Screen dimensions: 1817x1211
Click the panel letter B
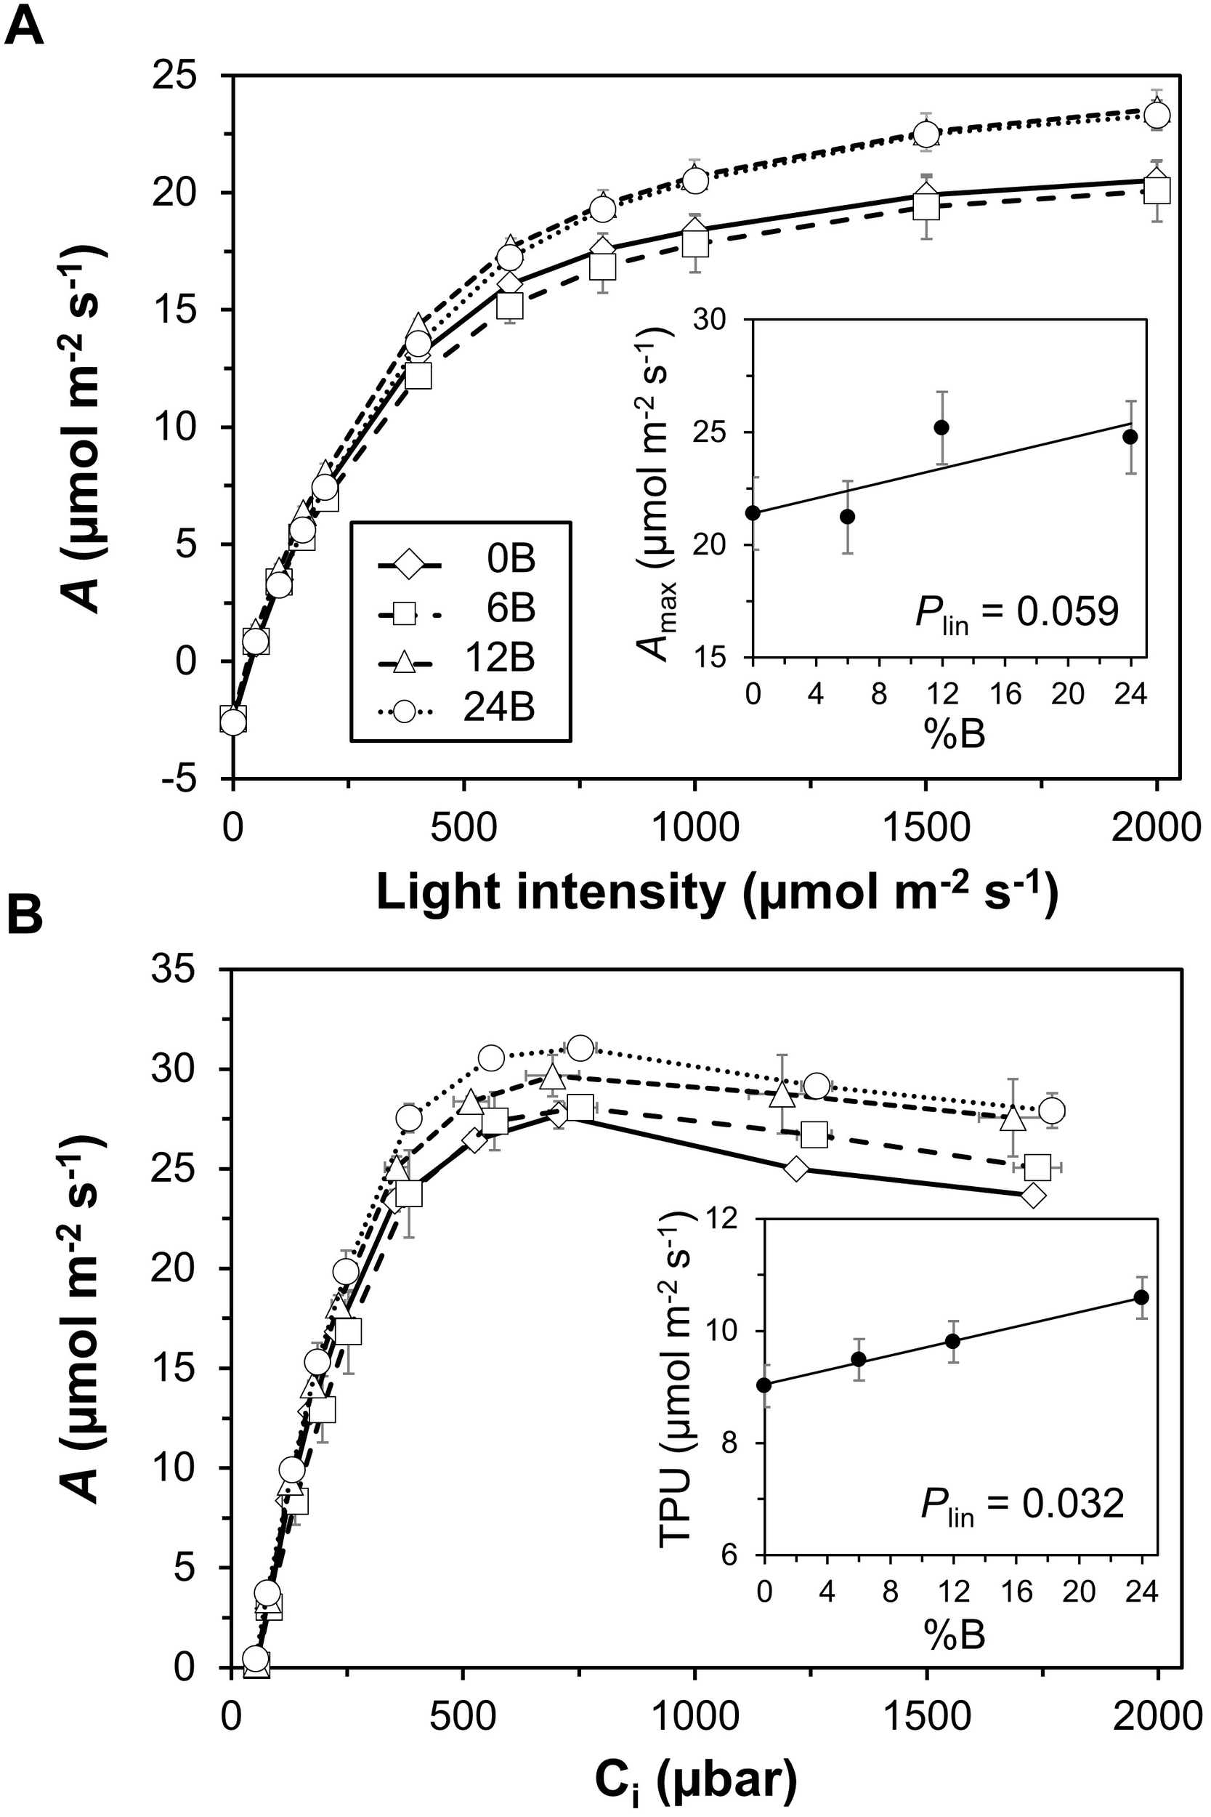click(24, 919)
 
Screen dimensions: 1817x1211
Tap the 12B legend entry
click(461, 660)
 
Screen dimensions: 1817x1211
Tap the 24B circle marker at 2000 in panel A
click(1157, 116)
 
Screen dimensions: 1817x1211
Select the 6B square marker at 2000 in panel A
click(1157, 189)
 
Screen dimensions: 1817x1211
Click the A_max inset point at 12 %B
click(941, 427)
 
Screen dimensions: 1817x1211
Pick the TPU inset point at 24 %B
click(1141, 1297)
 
